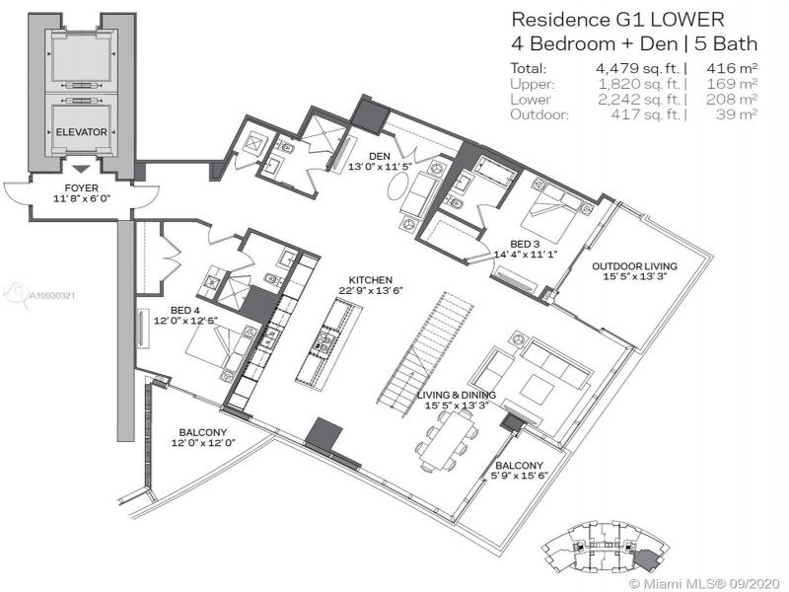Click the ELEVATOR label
tap(82, 132)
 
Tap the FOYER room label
tap(82, 187)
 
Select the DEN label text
tap(380, 157)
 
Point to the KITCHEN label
tap(371, 280)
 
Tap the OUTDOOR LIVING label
tap(634, 266)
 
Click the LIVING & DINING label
tap(457, 396)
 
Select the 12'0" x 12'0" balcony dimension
tap(203, 443)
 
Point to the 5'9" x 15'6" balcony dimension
tap(520, 476)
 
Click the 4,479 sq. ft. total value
tap(637, 68)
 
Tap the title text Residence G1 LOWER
tap(618, 20)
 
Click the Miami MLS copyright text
tap(706, 584)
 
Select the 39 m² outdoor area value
tap(737, 114)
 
